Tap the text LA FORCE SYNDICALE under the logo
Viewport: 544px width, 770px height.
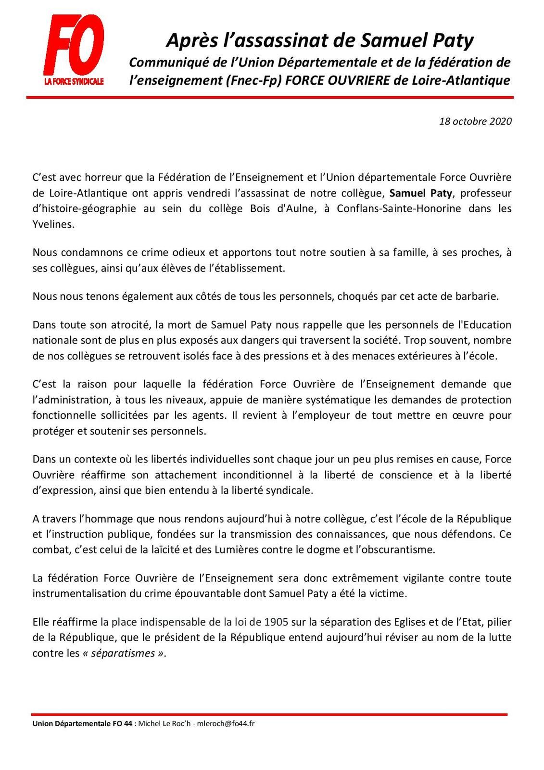(74, 82)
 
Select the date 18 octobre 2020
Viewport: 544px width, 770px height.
(475, 121)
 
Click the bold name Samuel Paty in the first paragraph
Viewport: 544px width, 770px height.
(421, 193)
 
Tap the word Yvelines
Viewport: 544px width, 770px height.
(53, 224)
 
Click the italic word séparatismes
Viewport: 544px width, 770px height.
(129, 654)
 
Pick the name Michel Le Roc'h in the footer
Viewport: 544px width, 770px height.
(162, 723)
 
